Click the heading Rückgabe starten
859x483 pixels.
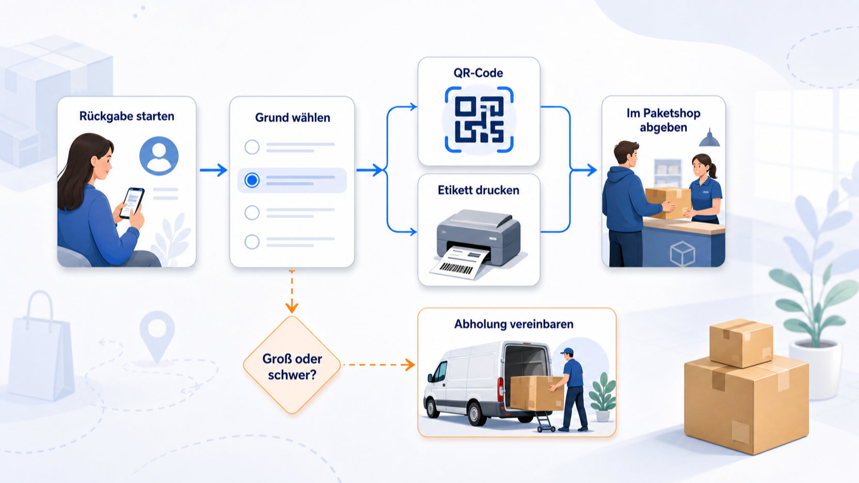[126, 116]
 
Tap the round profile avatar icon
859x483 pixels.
[159, 156]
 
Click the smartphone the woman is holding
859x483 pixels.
[132, 203]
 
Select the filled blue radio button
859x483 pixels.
[252, 180]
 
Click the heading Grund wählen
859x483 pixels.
[293, 117]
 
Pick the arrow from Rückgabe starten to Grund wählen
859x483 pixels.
[214, 170]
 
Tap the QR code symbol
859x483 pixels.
[479, 120]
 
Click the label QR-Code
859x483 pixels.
[478, 73]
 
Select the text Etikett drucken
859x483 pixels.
[479, 190]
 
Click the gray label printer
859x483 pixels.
[479, 238]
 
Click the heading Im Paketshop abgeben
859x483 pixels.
[663, 120]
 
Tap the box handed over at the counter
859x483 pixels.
[668, 202]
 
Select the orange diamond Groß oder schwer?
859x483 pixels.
[292, 365]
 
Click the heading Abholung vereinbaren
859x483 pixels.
[514, 324]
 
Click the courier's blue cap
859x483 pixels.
[567, 351]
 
